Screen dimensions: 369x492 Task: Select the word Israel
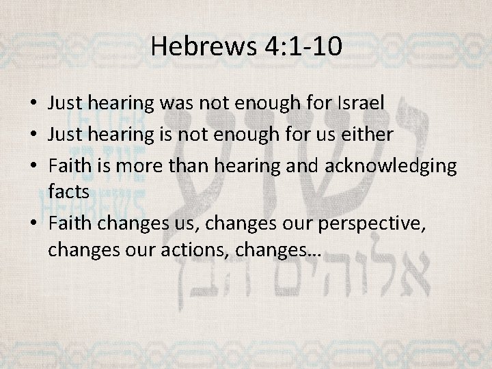[361, 103]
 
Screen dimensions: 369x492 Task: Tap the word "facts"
[68, 191]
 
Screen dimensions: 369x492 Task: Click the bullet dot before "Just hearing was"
[33, 104]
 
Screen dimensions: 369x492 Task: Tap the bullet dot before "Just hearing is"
[33, 135]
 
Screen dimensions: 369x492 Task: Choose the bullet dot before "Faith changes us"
[33, 223]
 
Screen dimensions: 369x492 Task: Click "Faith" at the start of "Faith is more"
[67, 166]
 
